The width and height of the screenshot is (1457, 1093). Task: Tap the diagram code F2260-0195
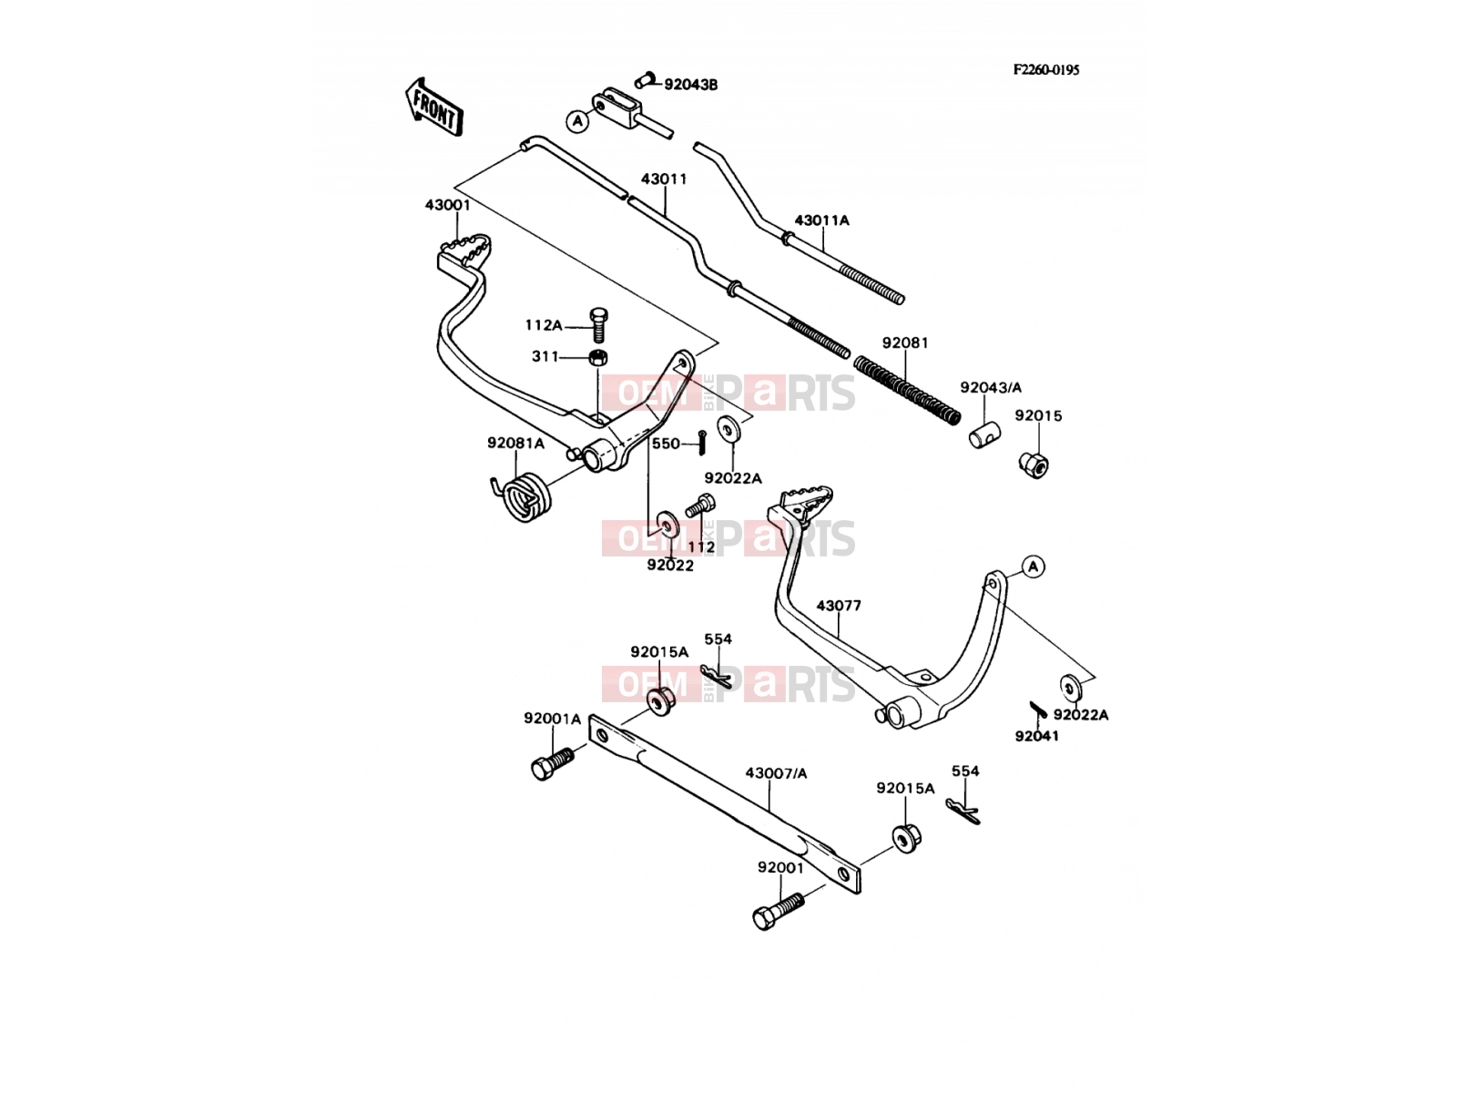(x=1045, y=70)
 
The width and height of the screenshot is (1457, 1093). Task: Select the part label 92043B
(x=690, y=85)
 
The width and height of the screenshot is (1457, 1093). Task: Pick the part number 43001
(x=447, y=205)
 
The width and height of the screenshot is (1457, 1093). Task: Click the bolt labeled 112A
(x=598, y=324)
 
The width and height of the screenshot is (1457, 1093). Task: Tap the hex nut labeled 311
(x=598, y=358)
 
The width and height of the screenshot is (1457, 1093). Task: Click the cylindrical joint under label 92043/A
(x=984, y=434)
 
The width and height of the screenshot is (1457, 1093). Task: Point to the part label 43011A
(x=821, y=220)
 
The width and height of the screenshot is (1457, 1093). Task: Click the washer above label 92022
(x=667, y=525)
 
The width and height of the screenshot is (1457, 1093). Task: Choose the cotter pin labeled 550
(x=701, y=443)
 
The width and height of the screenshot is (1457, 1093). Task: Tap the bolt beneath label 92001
(x=778, y=911)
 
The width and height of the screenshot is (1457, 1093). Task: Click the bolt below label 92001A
(x=553, y=763)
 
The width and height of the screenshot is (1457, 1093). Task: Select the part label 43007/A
(x=776, y=773)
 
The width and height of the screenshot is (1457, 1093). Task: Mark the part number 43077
(x=839, y=606)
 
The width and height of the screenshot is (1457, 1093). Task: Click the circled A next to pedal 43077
(x=1032, y=567)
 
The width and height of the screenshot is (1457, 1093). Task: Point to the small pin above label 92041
(x=1038, y=710)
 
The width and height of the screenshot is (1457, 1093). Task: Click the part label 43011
(x=664, y=179)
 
